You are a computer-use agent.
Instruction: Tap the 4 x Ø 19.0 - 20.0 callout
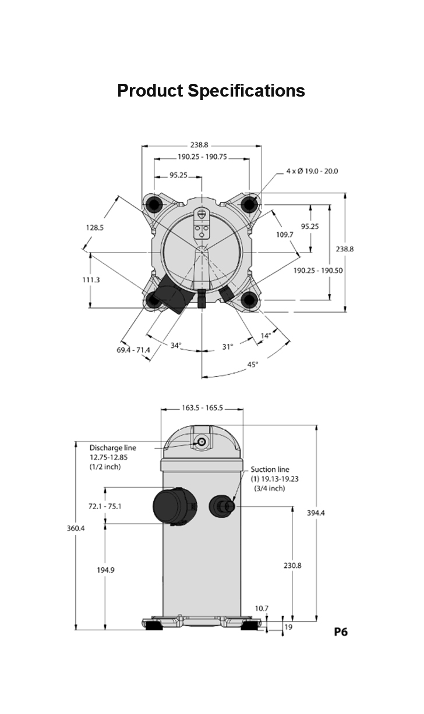[312, 171]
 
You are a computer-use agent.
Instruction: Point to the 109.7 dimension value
[285, 234]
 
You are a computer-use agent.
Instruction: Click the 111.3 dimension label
[90, 280]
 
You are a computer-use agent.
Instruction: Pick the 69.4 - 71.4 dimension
[133, 350]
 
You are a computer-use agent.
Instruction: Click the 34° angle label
[176, 346]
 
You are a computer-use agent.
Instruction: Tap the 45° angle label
[253, 364]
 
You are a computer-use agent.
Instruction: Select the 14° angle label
[266, 335]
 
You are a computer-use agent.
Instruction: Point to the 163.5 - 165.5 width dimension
[202, 408]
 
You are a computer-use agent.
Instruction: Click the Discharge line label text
[112, 448]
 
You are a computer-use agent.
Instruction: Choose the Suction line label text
[270, 470]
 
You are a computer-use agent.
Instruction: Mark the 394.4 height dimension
[316, 513]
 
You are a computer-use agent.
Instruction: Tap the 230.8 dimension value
[292, 565]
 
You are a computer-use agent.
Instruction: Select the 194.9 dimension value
[105, 570]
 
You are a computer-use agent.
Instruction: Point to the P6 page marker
[341, 631]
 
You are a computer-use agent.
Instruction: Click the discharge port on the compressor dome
[202, 442]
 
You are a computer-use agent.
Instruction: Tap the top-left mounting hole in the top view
[155, 204]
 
